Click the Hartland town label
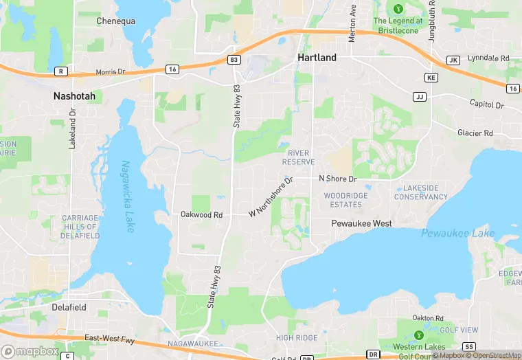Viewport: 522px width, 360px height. [317, 58]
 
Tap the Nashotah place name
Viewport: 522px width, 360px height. [74, 97]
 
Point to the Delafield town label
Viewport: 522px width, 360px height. [69, 308]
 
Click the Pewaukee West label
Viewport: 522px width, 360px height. [361, 224]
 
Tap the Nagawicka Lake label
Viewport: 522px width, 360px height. [128, 196]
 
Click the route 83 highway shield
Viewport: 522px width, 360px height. [235, 60]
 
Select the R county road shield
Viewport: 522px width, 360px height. [61, 71]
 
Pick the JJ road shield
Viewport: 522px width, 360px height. [420, 97]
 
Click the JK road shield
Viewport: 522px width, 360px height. [453, 60]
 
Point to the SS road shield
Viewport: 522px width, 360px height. [470, 346]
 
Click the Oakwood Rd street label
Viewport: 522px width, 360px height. [202, 215]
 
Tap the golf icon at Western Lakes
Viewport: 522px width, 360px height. [419, 335]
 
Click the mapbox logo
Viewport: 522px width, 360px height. [30, 350]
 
